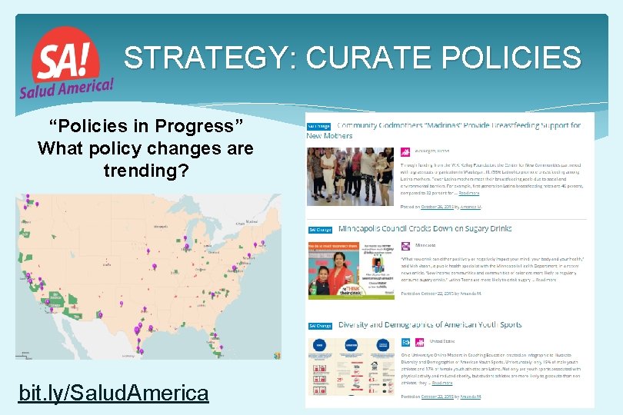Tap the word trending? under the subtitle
[145, 170]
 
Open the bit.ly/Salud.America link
[113, 393]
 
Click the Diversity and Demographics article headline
[430, 325]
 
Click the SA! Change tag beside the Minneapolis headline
[319, 230]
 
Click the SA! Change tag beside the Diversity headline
[319, 326]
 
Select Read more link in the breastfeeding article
[468, 194]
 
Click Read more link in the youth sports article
[441, 382]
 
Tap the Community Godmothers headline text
[454, 125]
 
